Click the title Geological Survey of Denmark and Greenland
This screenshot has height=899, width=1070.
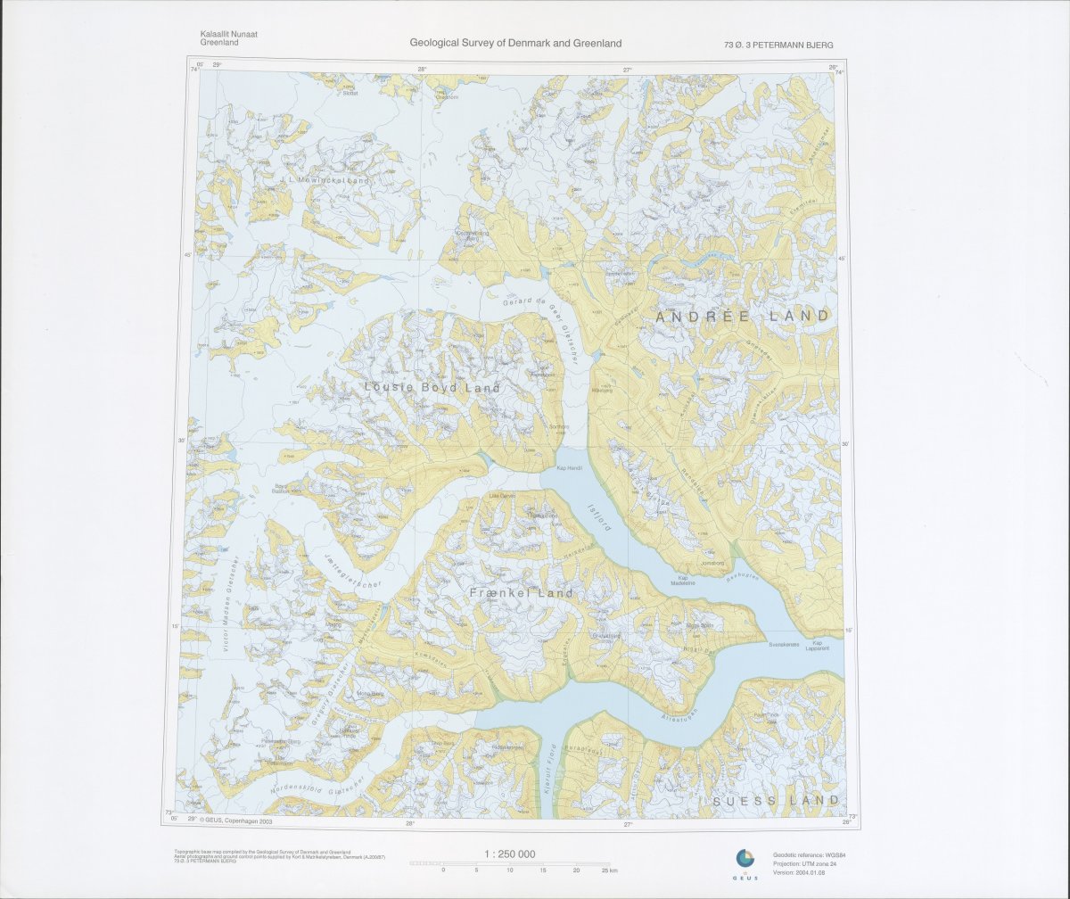point(515,43)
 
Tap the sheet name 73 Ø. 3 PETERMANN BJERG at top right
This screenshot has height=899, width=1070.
point(779,45)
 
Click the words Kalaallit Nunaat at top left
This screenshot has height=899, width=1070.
point(229,34)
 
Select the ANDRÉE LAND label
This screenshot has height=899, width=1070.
point(742,316)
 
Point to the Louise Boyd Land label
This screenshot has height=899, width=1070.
point(432,388)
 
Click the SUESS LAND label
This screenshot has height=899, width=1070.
point(777,801)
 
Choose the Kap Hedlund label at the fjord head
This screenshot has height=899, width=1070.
point(569,468)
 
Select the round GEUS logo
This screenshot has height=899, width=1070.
point(745,859)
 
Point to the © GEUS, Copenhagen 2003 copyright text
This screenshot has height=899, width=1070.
point(235,821)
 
